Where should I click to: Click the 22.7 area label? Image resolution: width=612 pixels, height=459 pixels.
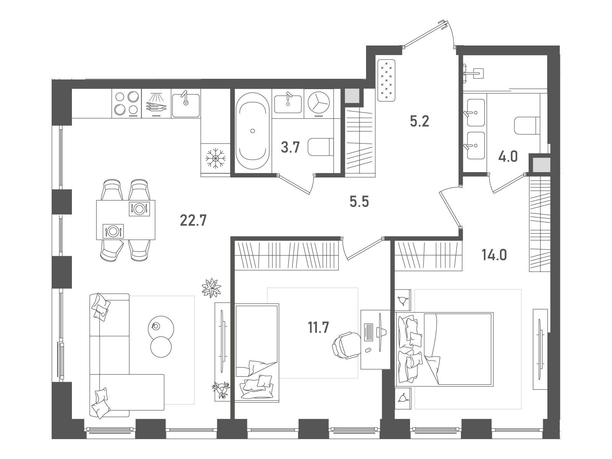[193, 221]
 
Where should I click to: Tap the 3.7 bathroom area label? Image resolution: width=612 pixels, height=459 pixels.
[290, 147]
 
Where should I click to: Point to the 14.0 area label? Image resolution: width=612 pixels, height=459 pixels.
[494, 255]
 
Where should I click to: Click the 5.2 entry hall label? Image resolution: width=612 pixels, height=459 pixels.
[419, 121]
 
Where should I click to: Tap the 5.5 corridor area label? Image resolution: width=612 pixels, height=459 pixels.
[359, 202]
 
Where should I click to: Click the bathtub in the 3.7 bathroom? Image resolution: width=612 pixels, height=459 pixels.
[252, 131]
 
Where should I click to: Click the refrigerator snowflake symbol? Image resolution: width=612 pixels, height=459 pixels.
[215, 158]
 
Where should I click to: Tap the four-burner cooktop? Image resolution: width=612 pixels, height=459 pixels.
[127, 103]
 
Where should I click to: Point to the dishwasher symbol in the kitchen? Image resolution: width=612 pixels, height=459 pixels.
[156, 103]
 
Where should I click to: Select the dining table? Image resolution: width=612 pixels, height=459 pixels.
[125, 220]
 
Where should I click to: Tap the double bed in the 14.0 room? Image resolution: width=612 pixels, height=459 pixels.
[444, 348]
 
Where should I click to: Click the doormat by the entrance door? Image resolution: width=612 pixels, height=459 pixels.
[386, 80]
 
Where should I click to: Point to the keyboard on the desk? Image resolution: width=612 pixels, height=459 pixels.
[368, 332]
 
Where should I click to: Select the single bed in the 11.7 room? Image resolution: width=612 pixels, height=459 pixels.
[257, 353]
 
